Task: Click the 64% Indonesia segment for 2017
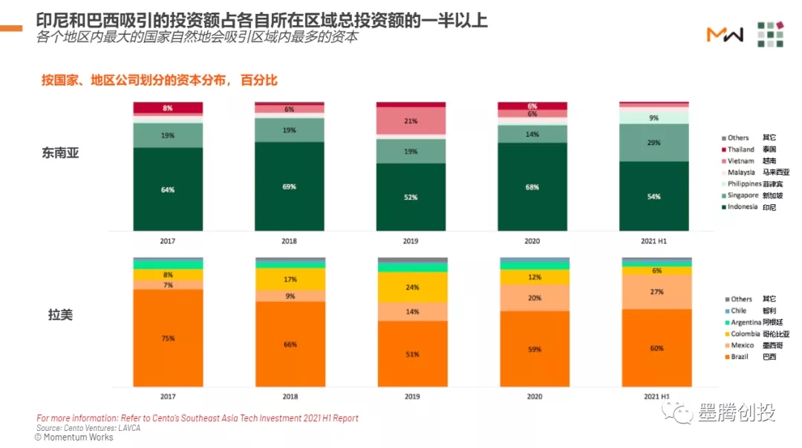coord(168,189)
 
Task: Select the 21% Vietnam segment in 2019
coord(411,121)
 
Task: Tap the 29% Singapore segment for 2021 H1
coord(653,142)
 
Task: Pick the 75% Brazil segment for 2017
coord(168,338)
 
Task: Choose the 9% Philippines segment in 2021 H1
coord(653,117)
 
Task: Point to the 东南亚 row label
coord(60,153)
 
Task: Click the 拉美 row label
coord(60,314)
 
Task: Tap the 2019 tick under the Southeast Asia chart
coord(411,241)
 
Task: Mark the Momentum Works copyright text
coord(74,438)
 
